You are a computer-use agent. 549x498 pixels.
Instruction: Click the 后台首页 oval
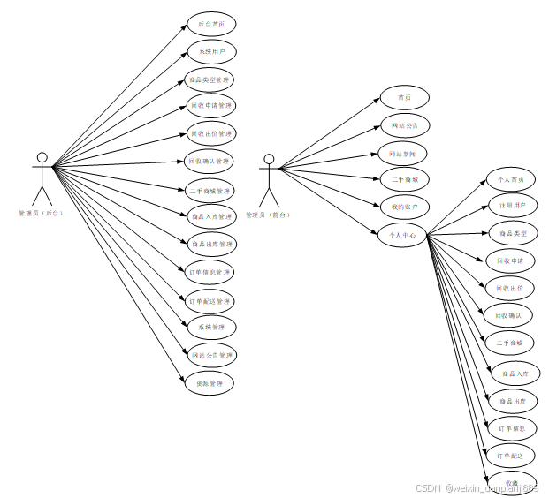point(210,24)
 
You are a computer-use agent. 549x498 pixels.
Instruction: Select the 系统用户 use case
point(210,52)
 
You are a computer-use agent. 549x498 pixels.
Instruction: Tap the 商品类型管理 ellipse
point(210,79)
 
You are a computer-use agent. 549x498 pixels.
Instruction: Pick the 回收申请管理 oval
point(210,106)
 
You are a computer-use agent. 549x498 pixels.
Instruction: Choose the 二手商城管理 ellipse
point(210,190)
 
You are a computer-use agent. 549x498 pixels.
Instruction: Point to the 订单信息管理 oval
point(210,272)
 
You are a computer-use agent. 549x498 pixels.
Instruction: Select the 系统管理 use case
point(210,327)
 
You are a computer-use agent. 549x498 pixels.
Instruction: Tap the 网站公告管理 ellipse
point(210,355)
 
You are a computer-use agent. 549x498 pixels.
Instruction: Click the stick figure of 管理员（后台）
point(41,177)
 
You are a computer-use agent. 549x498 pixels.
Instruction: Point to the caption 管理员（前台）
point(268,214)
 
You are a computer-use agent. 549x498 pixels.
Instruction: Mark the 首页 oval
point(404,98)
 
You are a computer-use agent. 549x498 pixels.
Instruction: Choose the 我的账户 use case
point(404,207)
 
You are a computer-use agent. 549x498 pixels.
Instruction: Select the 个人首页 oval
point(510,180)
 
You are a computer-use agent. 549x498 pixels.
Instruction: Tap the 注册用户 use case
point(510,206)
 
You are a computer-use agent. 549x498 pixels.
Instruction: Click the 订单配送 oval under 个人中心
point(510,456)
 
